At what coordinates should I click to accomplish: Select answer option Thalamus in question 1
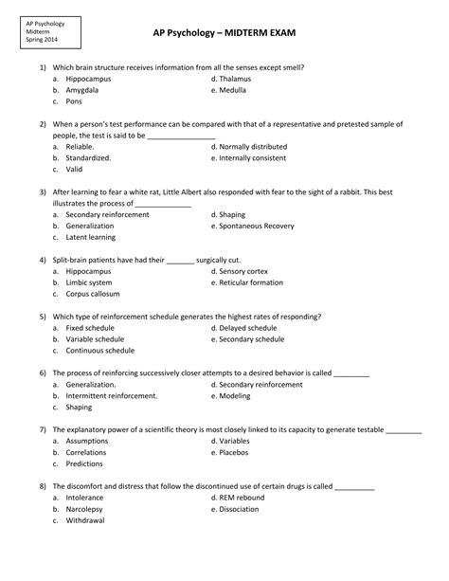pos(241,80)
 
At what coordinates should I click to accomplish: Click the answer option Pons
pos(76,101)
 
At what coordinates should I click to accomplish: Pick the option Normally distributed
pos(259,147)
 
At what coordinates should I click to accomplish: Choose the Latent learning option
pos(91,238)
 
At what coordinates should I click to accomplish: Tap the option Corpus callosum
pos(93,294)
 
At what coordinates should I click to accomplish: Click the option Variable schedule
pos(95,338)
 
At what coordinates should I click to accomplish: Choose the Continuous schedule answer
pos(100,350)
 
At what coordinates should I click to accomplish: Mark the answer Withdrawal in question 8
pos(85,519)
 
